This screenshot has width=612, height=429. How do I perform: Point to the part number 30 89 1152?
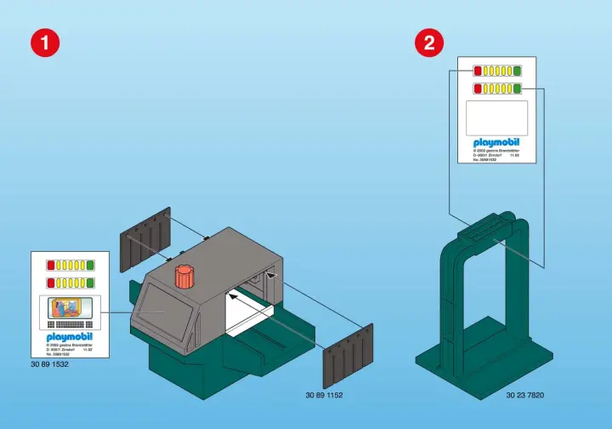[324, 395]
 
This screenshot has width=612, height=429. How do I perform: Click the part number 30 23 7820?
[524, 395]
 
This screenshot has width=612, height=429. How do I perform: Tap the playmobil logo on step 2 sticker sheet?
[496, 142]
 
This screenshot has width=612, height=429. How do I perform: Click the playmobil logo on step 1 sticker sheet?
[70, 335]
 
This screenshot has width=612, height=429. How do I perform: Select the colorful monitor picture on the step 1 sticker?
[70, 307]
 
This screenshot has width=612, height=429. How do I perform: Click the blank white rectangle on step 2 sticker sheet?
[497, 117]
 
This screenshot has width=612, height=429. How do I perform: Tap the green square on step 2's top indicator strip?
[517, 71]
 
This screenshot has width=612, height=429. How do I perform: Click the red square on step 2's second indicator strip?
[478, 88]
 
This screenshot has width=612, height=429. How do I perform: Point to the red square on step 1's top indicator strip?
[51, 265]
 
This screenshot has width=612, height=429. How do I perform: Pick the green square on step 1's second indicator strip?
[90, 282]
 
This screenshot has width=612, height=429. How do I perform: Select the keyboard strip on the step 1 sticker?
[70, 325]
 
